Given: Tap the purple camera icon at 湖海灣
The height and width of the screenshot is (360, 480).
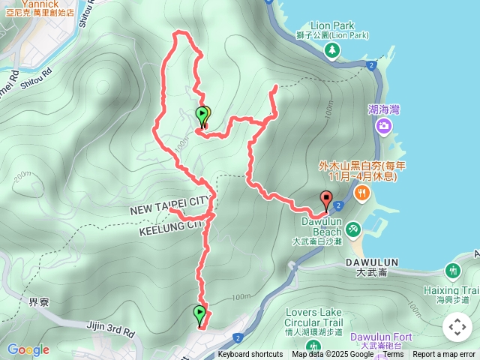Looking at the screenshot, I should [383, 126].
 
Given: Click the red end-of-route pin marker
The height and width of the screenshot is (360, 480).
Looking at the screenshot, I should [326, 200].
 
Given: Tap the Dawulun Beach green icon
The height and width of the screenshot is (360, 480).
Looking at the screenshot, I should [353, 229].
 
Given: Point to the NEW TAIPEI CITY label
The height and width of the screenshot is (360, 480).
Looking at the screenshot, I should [171, 202].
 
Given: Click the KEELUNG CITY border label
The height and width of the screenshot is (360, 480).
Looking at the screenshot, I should [170, 226].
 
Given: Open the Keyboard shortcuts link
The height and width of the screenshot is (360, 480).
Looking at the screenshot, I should [250, 355].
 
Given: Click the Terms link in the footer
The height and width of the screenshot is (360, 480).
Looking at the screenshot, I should [393, 355].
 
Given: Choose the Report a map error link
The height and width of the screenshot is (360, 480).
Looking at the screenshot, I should [445, 355].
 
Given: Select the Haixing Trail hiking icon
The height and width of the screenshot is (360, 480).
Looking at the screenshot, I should [453, 270].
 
